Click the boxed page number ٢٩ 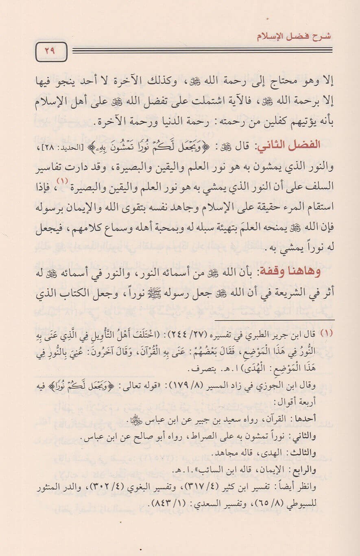click(x=51, y=52)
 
